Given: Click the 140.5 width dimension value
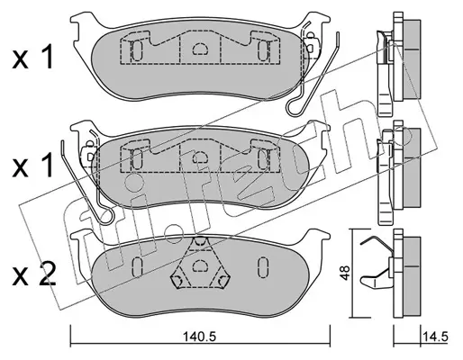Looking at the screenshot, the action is pos(200,337).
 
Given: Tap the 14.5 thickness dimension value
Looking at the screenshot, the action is pos(435,337).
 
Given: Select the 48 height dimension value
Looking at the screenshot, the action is pos(345,273).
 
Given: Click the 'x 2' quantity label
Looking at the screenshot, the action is pos(34,274).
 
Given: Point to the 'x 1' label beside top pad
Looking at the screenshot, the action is pos(32,57).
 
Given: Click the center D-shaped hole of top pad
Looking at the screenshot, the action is pos(200,49).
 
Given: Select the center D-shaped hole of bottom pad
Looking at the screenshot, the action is pos(200,265).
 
